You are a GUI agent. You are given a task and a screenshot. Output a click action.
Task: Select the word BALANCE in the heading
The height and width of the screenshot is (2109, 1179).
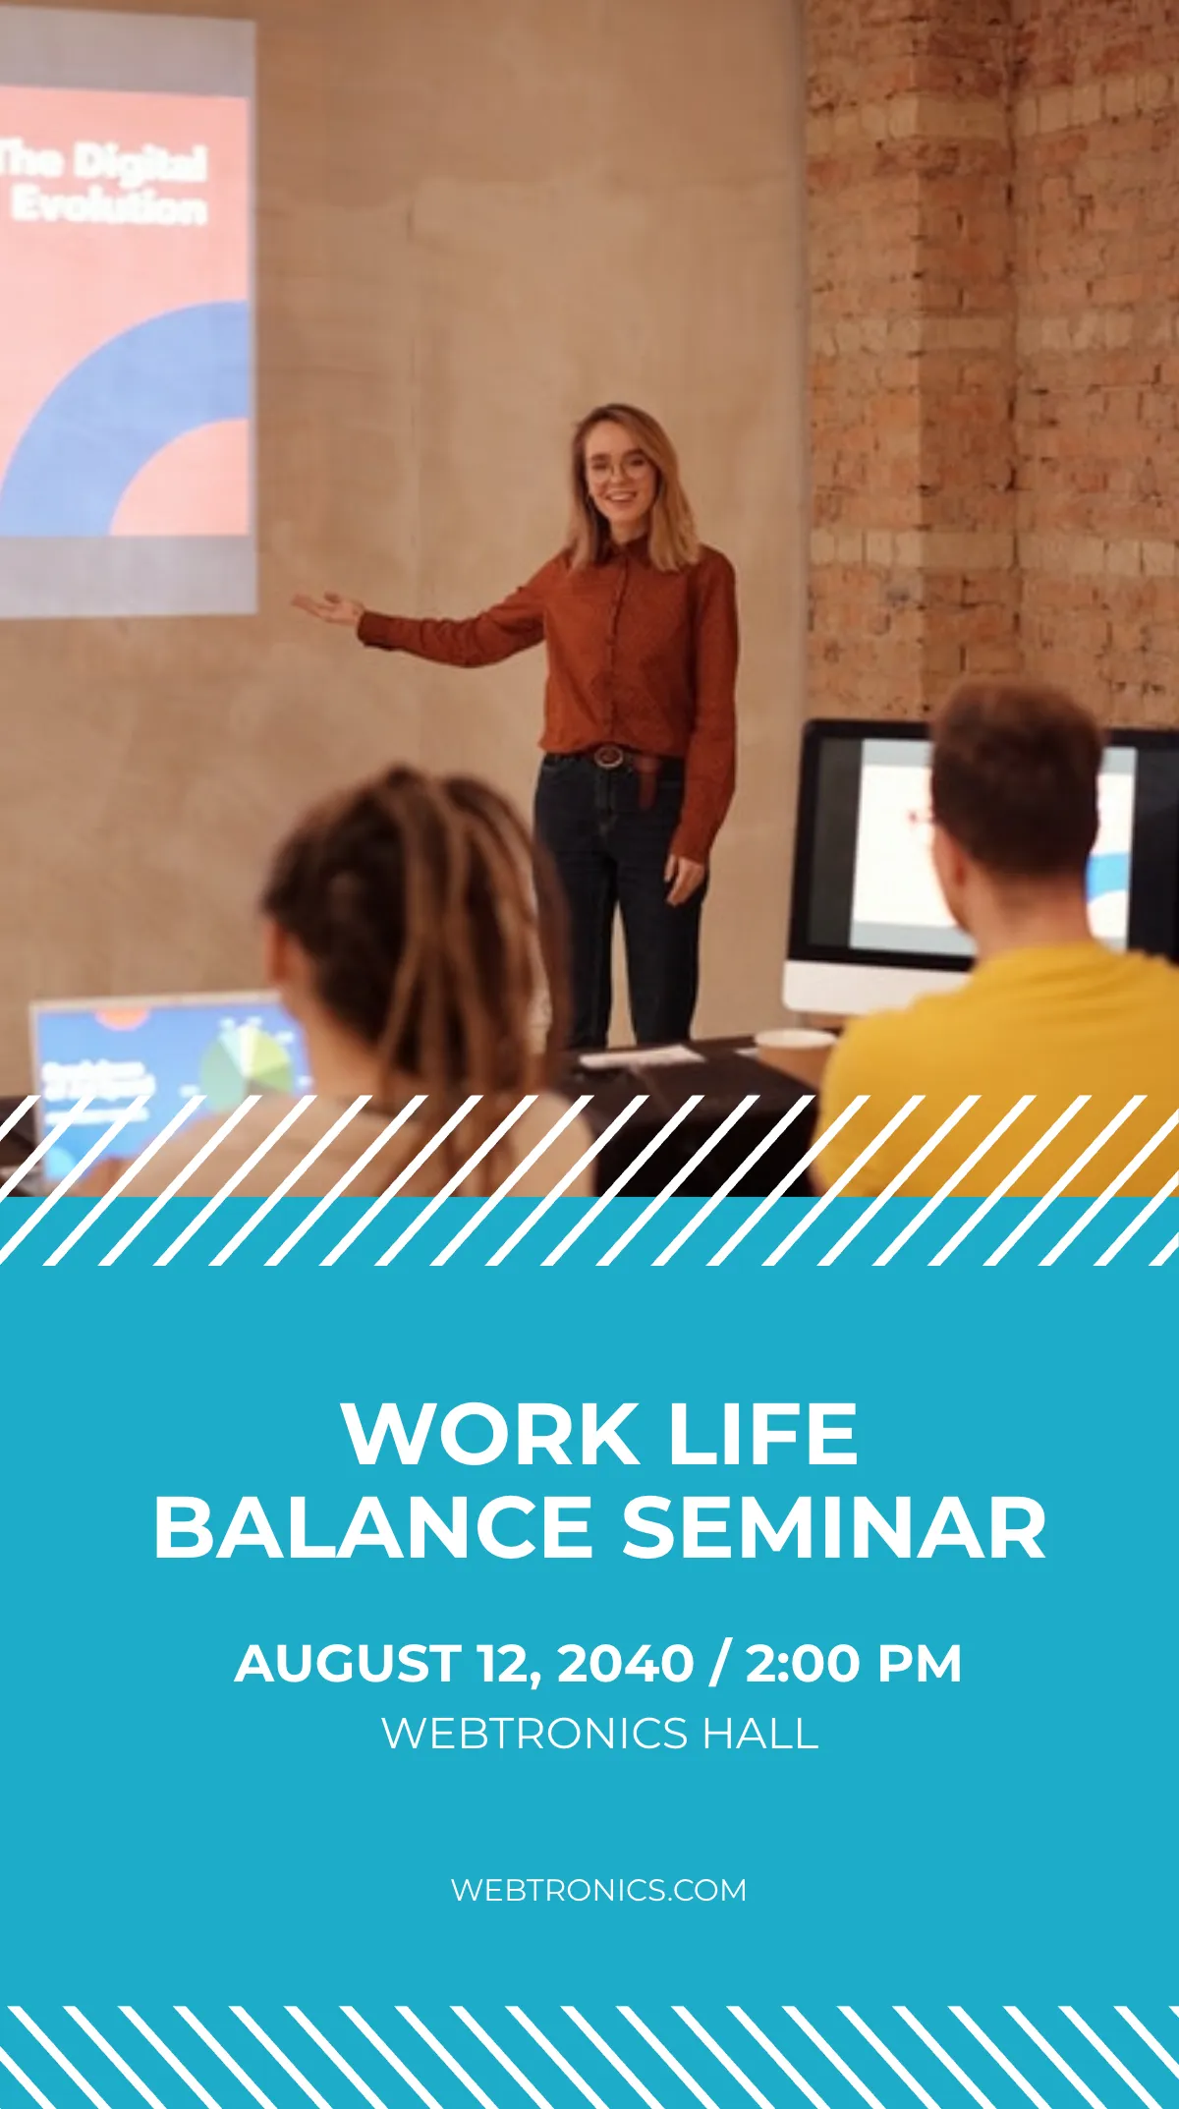(x=372, y=1527)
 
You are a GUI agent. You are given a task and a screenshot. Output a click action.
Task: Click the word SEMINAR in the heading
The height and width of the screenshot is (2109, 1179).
(x=834, y=1527)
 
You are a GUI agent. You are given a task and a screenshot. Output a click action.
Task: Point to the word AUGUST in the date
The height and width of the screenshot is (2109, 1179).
(x=347, y=1664)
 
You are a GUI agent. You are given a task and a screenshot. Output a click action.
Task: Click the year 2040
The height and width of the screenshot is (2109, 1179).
(x=625, y=1664)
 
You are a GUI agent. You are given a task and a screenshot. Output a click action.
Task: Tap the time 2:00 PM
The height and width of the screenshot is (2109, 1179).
(x=853, y=1664)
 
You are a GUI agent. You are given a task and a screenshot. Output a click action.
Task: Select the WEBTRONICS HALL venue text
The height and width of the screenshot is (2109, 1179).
(x=599, y=1733)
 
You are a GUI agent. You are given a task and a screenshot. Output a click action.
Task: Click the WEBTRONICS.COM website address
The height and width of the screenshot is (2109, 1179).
(x=598, y=1890)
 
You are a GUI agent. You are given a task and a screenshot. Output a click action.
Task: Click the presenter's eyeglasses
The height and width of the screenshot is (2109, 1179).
(x=618, y=470)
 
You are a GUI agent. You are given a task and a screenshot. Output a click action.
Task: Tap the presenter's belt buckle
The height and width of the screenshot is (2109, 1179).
(x=608, y=756)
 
